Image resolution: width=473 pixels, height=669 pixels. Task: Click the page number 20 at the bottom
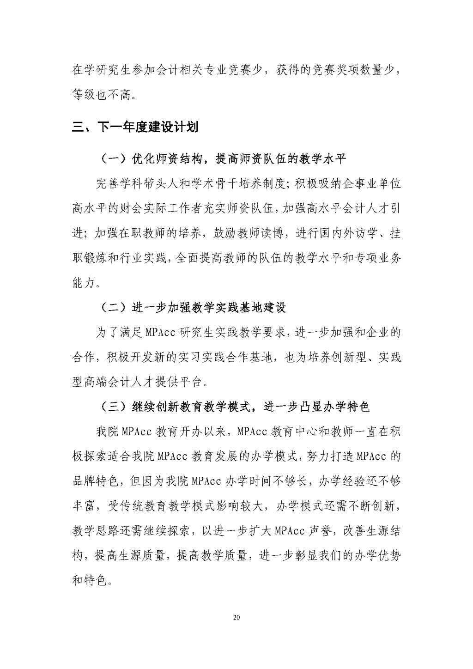[x=237, y=618]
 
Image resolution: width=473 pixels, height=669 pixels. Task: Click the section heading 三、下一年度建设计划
[x=135, y=127]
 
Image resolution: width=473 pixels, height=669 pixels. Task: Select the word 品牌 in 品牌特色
[x=84, y=481]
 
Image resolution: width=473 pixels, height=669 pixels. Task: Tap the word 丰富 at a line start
[x=84, y=506]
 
